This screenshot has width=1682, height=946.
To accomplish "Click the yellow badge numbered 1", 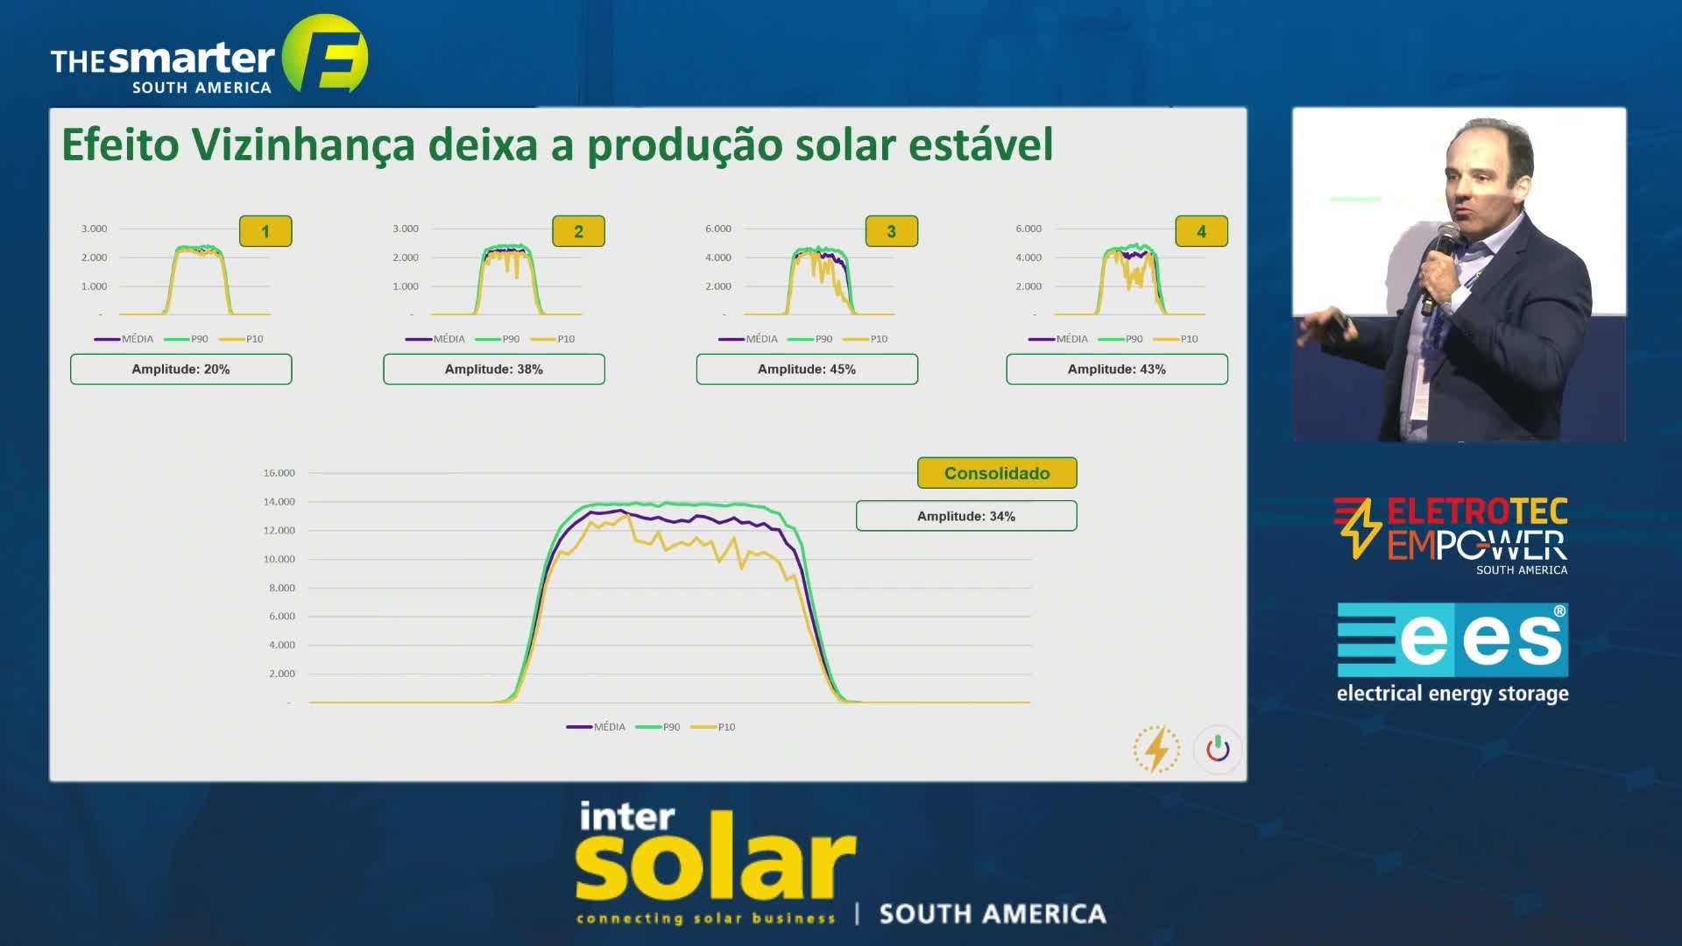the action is (x=265, y=231).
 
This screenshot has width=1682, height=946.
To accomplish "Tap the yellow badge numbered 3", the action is (x=892, y=231).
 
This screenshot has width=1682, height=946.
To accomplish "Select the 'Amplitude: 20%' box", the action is (x=181, y=369).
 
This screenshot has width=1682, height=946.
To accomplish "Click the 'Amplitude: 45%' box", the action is (x=807, y=369).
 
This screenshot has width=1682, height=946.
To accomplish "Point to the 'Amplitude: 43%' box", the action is (x=1117, y=369).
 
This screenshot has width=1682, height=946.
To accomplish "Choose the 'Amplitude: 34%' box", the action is (x=966, y=516).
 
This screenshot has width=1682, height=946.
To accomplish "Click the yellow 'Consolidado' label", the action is (x=997, y=473).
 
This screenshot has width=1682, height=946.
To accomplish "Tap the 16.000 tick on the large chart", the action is (x=279, y=473).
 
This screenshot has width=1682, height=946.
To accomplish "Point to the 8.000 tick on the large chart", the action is (x=282, y=588).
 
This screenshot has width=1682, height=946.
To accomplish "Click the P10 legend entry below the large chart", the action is (x=713, y=727).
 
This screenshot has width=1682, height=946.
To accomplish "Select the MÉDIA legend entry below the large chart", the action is (x=596, y=727).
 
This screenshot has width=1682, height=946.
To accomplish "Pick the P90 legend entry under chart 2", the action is (x=498, y=339).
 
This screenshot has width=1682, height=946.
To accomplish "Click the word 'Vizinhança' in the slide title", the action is (x=303, y=145).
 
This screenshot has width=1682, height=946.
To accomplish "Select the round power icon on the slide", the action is (x=1218, y=749).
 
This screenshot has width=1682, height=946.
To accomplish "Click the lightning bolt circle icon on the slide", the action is (x=1156, y=749).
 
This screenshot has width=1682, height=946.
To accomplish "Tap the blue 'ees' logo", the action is (x=1452, y=639).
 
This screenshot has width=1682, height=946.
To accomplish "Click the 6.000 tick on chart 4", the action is (x=1028, y=229).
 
